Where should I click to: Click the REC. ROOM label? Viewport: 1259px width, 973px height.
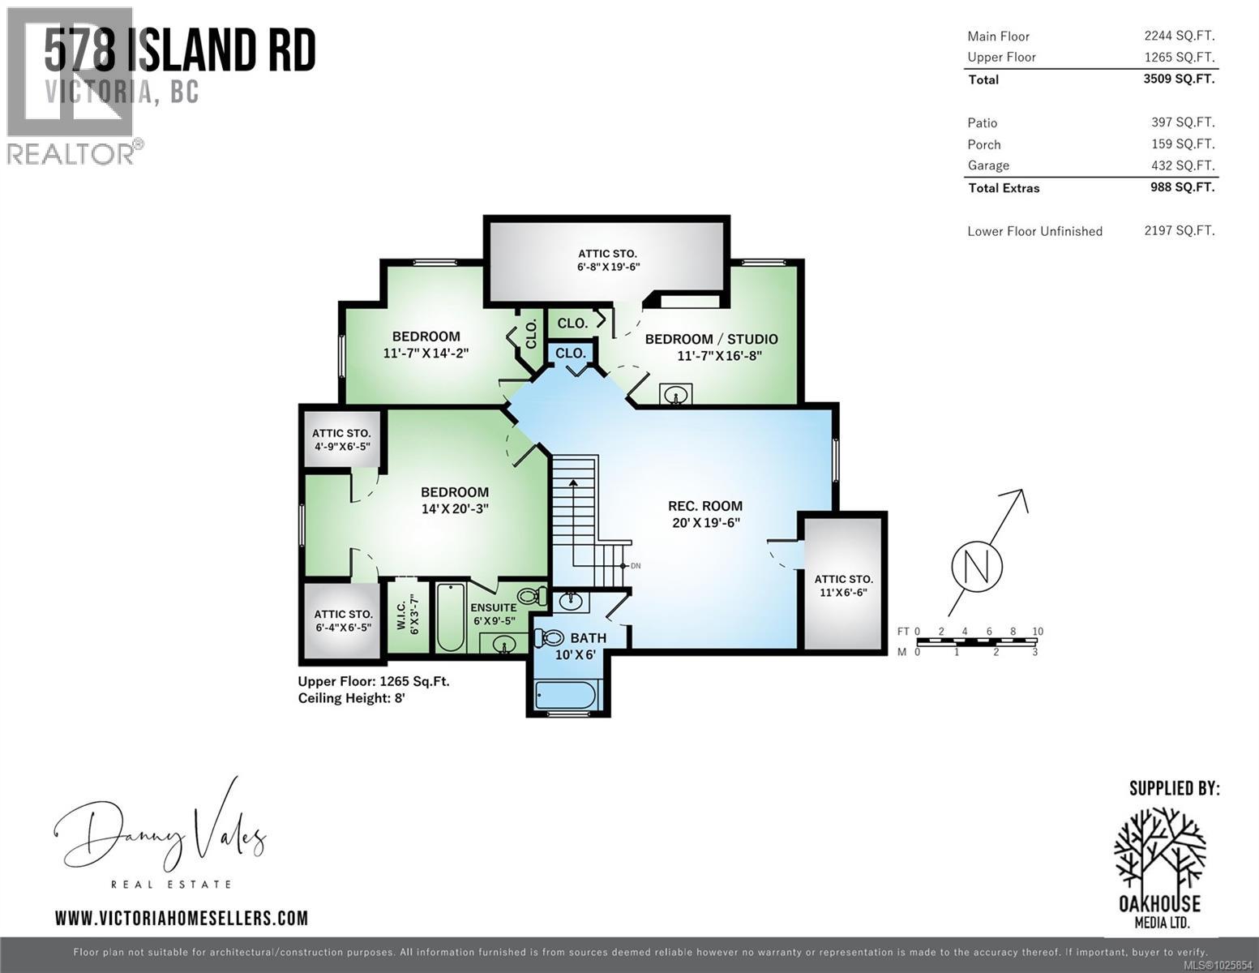click(x=704, y=506)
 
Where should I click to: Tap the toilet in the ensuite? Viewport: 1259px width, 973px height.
click(x=530, y=598)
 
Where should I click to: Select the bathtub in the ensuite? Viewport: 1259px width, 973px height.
click(x=450, y=617)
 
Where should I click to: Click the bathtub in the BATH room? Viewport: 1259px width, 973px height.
click(x=566, y=696)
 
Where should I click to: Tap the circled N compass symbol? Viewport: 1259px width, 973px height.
click(x=976, y=565)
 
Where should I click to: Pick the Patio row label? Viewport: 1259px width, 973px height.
click(x=982, y=122)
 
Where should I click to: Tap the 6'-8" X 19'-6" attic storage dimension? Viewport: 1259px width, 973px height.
click(x=607, y=267)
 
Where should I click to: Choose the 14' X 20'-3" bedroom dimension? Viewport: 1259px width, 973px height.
click(x=455, y=509)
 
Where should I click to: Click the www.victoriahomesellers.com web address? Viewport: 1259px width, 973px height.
click(x=182, y=918)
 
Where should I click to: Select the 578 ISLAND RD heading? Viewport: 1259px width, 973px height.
click(x=180, y=50)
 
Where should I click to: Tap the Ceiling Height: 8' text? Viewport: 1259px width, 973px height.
click(x=351, y=698)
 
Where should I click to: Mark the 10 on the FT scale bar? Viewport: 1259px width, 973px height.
click(x=1038, y=631)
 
